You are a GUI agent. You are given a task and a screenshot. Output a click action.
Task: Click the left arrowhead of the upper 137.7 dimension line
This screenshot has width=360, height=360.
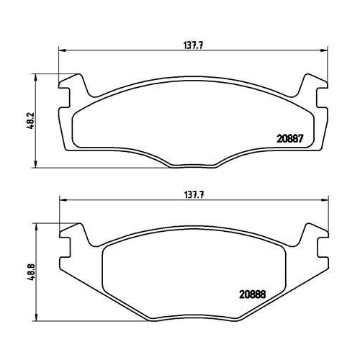click(61, 50)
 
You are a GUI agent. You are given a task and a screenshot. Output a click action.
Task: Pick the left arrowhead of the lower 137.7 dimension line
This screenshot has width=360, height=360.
click(61, 201)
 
